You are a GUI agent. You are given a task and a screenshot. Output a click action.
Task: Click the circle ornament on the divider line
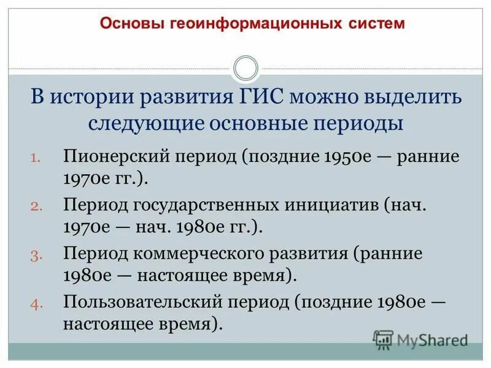(246, 68)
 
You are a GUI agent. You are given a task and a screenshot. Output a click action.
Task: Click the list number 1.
(36, 157)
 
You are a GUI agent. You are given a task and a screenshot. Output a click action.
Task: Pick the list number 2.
(36, 205)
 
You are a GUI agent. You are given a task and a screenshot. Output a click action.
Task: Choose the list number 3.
(36, 254)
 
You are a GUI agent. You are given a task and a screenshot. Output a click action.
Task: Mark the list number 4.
(36, 302)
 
